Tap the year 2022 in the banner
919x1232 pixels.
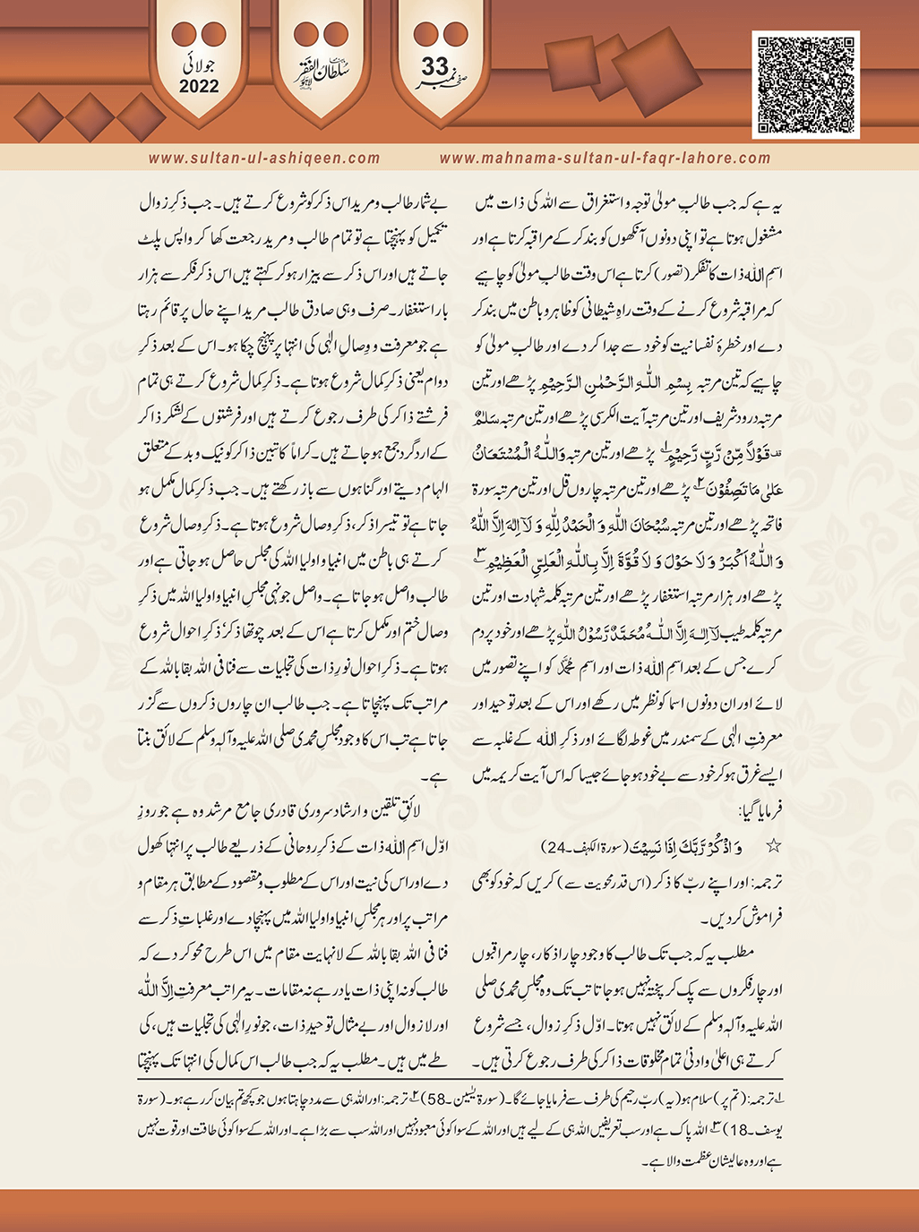click(x=199, y=87)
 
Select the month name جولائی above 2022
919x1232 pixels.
click(x=199, y=64)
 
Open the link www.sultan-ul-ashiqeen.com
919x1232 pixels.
click(x=264, y=158)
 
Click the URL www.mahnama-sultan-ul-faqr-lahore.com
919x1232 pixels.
click(x=605, y=158)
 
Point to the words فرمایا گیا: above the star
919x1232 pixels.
click(x=752, y=813)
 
